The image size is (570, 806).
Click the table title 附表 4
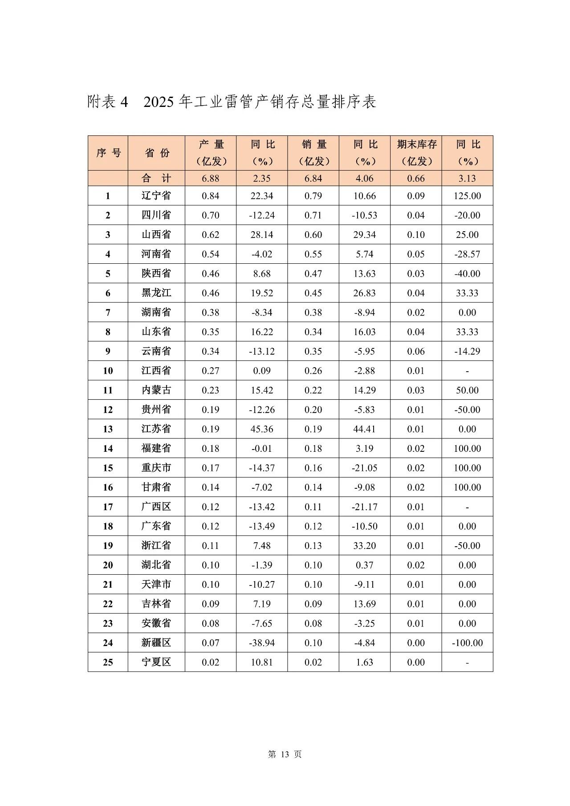108,102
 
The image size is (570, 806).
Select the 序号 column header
108,153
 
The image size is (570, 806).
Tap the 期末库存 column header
416,144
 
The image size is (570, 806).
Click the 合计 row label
156,178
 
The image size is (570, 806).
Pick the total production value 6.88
210,178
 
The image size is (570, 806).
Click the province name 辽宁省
156,196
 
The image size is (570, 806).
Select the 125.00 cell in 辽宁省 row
467,196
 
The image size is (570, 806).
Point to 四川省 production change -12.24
262,215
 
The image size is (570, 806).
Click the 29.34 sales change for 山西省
364,235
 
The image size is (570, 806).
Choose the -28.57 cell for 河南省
467,254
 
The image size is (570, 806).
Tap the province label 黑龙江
156,293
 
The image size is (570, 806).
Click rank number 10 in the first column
108,371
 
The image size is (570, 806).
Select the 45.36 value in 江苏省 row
262,429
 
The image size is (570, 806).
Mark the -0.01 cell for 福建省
262,448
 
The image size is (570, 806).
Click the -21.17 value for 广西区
364,507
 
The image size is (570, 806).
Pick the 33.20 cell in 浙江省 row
364,545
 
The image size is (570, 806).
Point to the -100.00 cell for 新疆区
467,642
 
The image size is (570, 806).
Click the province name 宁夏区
156,662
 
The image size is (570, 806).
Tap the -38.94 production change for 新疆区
262,642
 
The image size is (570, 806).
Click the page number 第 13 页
285,754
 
